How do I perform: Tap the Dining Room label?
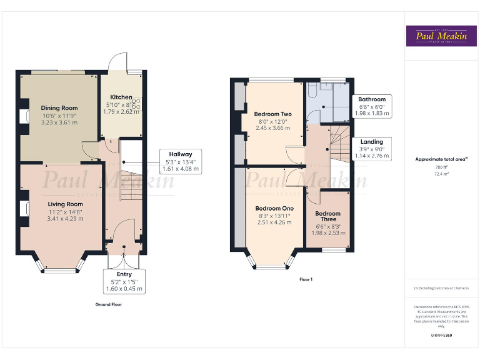[59, 108]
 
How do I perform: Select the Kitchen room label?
[121, 97]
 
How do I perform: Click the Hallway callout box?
[181, 161]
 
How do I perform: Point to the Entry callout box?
[124, 282]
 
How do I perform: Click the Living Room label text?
[66, 204]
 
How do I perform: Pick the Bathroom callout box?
[372, 106]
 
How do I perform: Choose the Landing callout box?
[372, 149]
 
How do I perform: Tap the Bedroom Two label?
[272, 114]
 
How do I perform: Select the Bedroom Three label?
[327, 216]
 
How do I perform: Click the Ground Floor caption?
[108, 304]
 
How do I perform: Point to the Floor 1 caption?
[306, 279]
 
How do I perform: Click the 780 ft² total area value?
[441, 167]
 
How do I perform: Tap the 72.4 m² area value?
[441, 174]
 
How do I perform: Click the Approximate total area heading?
[441, 159]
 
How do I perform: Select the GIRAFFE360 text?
[441, 336]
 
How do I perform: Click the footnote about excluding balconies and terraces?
[441, 288]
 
